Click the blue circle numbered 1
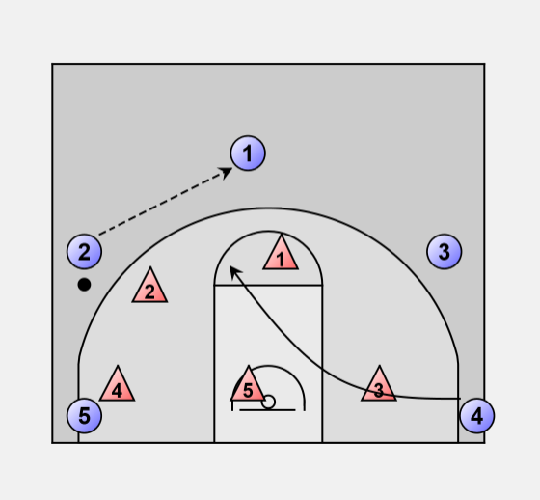(x=248, y=153)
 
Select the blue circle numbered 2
(x=85, y=251)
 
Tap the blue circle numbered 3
(x=445, y=251)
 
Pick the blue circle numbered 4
(x=477, y=415)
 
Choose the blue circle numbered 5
(x=85, y=415)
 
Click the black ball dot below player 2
(x=85, y=285)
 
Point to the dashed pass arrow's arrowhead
(x=227, y=173)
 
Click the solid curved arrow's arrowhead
(x=234, y=272)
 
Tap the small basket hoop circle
(x=268, y=402)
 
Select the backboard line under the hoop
(x=267, y=410)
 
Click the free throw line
(x=268, y=285)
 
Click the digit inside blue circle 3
(x=445, y=252)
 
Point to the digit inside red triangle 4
(x=117, y=391)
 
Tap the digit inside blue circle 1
(x=248, y=153)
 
